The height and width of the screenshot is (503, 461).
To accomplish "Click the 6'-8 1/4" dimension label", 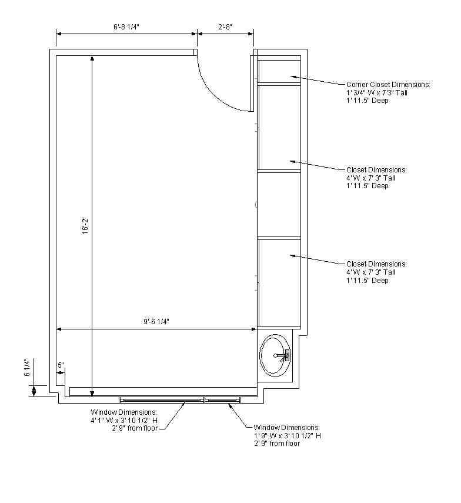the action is (126, 26).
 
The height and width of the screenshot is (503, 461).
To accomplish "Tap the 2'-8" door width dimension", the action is (225, 26).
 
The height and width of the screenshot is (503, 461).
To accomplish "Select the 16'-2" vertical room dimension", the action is (85, 226).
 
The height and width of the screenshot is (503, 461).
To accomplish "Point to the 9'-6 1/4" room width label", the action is (156, 321).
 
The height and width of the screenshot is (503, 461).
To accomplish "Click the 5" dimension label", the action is (61, 365).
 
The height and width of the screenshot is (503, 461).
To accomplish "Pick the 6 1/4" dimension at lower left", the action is (27, 368).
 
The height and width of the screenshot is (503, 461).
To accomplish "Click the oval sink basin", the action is (275, 355).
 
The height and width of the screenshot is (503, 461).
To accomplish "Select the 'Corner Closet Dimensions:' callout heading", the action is (388, 84).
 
